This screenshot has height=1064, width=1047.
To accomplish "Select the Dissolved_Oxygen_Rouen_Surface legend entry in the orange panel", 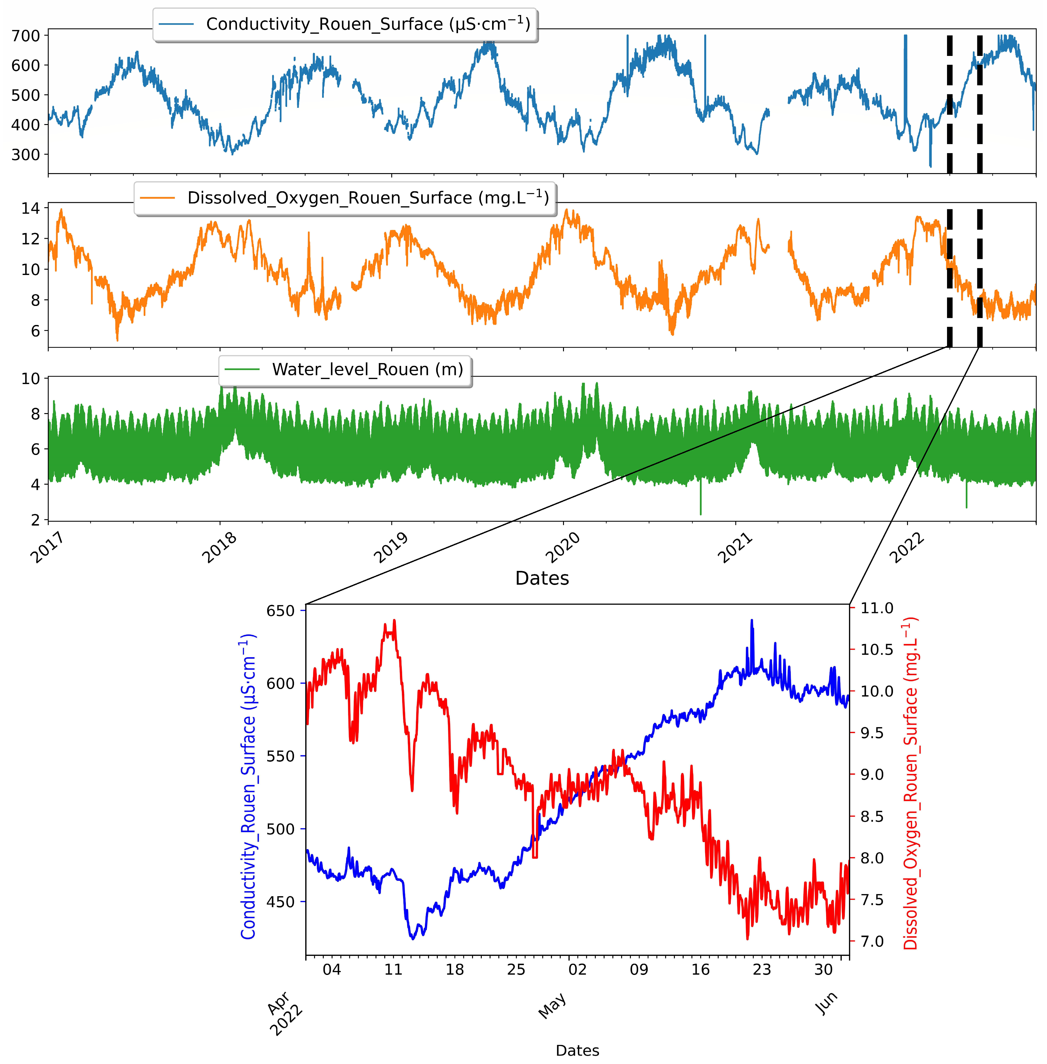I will [x=345, y=198].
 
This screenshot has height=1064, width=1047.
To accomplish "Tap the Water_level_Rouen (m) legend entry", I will [x=345, y=370].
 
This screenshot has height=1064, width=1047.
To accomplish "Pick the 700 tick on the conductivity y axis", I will [x=26, y=36].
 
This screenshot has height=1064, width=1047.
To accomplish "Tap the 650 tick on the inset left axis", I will [x=281, y=611].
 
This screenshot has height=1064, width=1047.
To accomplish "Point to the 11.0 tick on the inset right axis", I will [x=876, y=608].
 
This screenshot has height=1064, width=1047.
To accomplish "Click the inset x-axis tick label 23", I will [x=762, y=969].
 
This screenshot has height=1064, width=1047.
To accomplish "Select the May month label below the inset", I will [x=552, y=1006].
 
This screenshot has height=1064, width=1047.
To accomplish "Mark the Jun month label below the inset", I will [x=826, y=1003].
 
